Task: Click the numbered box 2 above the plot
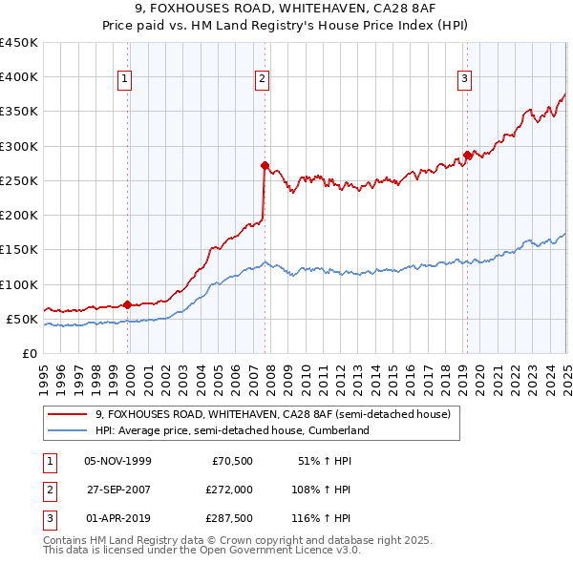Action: pos(261,80)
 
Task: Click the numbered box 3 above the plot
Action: pos(464,80)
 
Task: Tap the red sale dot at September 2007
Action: pos(265,165)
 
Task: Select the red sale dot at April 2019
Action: pos(467,155)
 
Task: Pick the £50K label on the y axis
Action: pos(23,319)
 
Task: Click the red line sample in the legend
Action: pos(68,414)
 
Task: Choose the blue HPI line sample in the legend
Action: pos(68,430)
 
